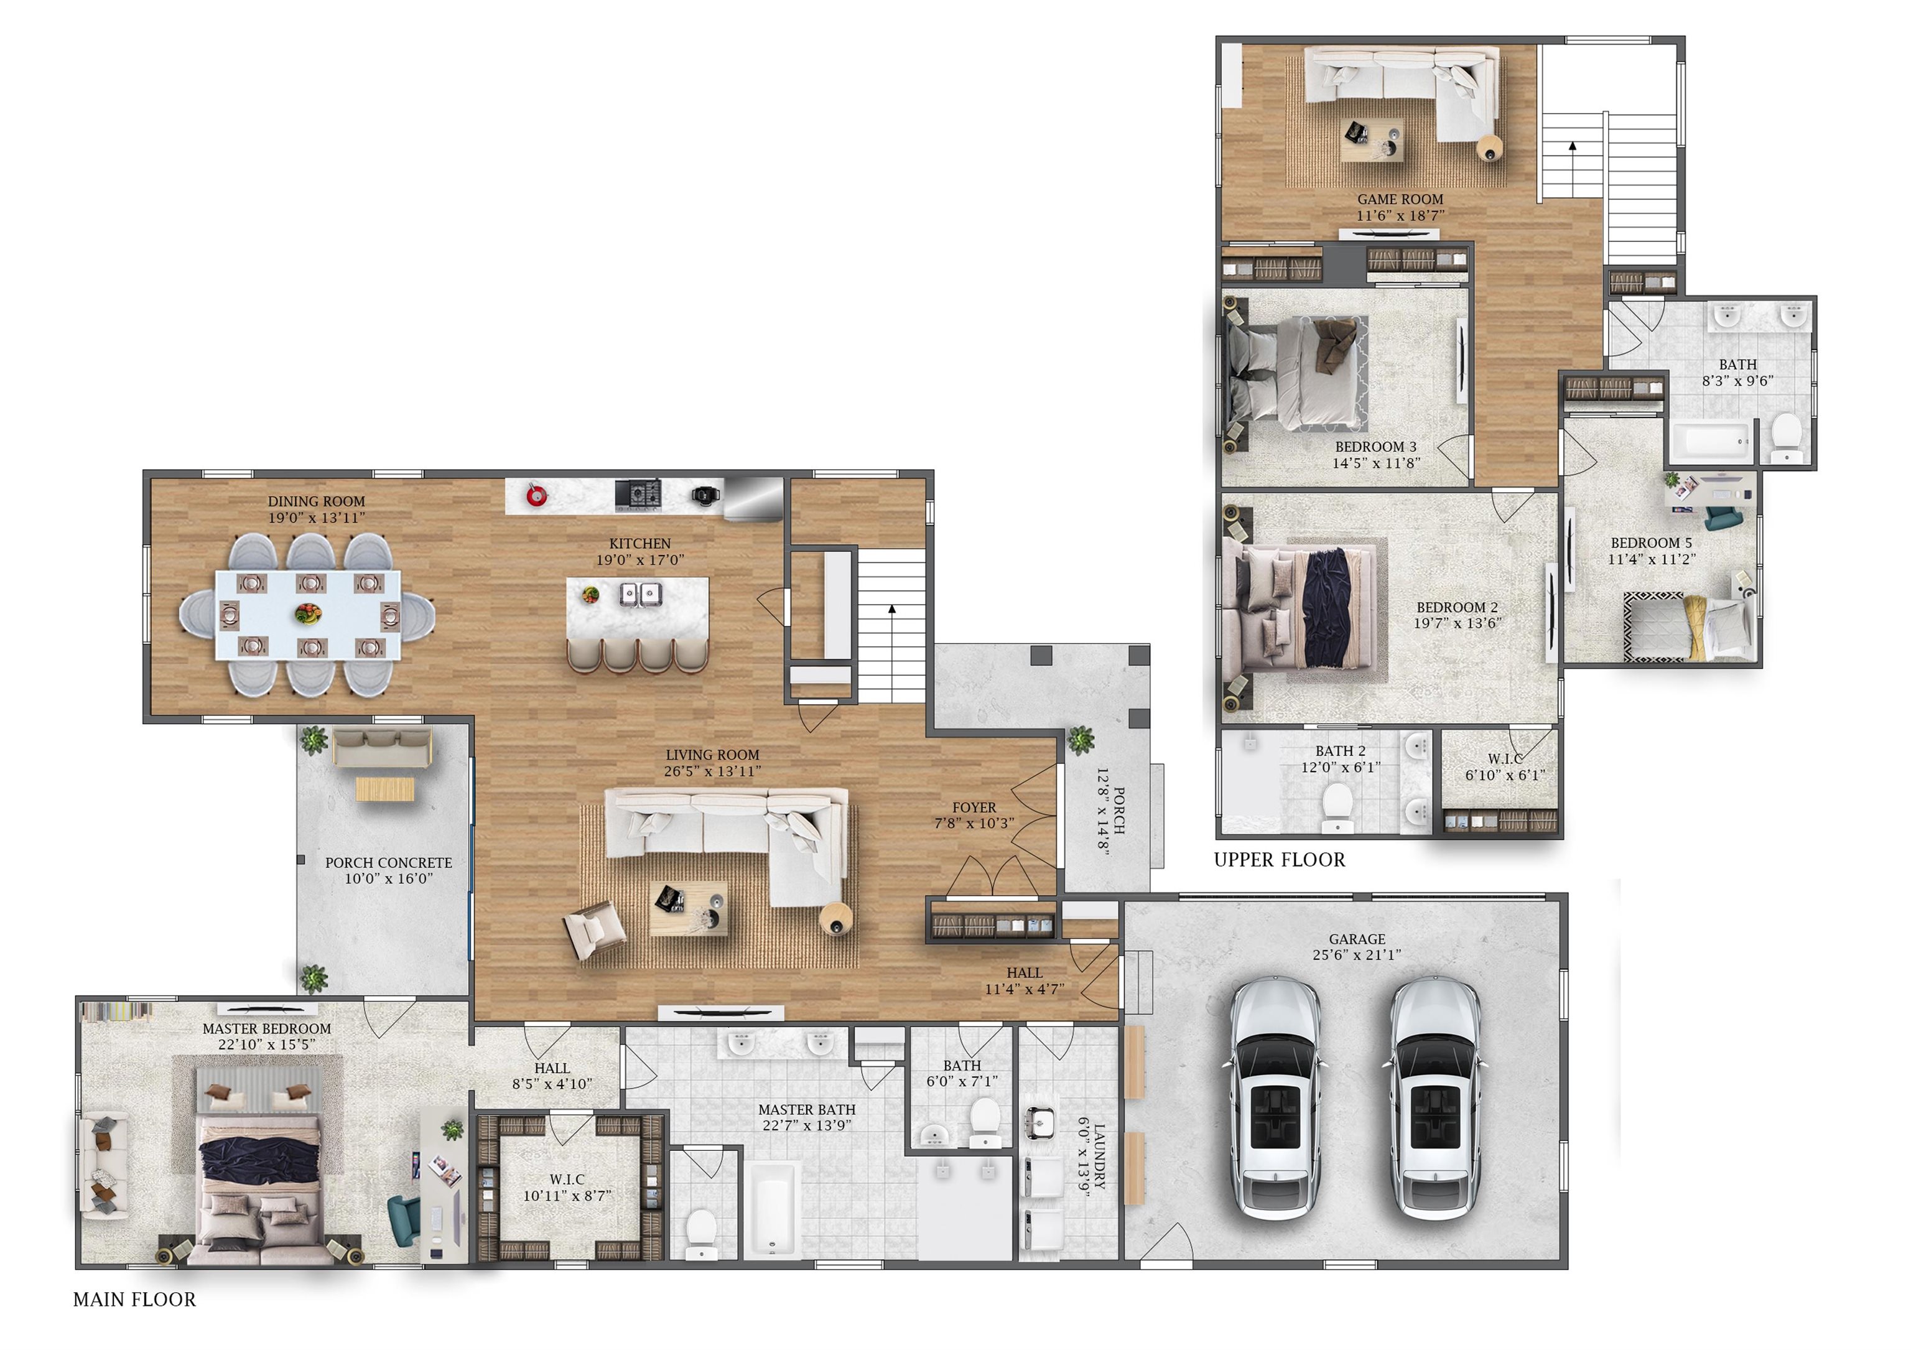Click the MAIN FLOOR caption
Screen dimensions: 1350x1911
click(134, 1299)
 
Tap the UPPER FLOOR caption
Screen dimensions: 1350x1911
click(1279, 860)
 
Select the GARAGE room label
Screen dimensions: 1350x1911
click(1357, 939)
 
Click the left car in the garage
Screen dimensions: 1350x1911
click(1273, 1098)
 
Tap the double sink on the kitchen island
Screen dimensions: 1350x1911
click(640, 594)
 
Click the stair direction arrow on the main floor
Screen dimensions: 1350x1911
click(891, 610)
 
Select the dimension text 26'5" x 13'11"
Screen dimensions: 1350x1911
click(712, 771)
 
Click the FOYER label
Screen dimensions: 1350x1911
click(974, 808)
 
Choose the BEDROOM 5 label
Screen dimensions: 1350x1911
click(1650, 542)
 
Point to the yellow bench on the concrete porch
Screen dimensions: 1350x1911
click(384, 788)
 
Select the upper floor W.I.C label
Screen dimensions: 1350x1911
click(1505, 759)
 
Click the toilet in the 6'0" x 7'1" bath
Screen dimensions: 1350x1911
click(985, 1121)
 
